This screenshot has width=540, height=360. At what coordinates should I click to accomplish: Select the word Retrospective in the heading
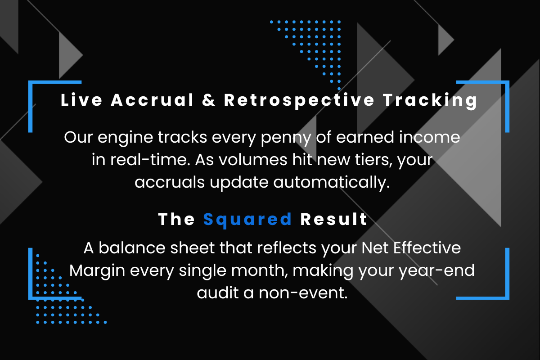tap(299, 100)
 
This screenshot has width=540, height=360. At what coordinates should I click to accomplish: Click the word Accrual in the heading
tap(153, 100)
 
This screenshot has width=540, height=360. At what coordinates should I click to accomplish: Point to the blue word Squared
tap(247, 220)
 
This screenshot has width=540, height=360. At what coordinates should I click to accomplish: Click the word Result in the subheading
tap(334, 220)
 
